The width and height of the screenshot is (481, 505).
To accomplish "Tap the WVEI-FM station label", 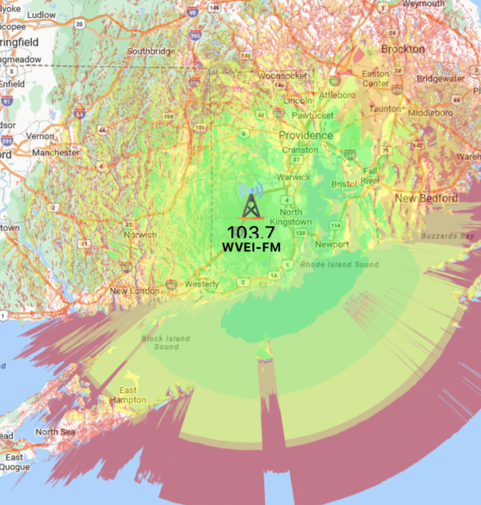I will (x=251, y=247).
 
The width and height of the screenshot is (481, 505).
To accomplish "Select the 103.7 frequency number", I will (x=251, y=232).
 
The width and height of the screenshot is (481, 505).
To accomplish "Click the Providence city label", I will (x=305, y=135).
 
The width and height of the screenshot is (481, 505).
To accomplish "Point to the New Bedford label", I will (x=426, y=198).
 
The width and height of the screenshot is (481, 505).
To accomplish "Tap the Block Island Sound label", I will (x=166, y=343).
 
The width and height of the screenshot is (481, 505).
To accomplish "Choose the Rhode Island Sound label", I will (x=339, y=265).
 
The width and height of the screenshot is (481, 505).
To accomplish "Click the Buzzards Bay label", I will (x=449, y=235).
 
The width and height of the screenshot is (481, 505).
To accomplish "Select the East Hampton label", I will (x=128, y=395).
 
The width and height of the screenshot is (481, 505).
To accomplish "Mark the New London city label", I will (x=134, y=290).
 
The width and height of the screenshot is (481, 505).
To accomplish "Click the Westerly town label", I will (x=201, y=284).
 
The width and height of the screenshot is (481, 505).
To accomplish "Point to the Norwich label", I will (x=140, y=235).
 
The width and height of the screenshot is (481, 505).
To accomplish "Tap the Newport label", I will (x=332, y=245).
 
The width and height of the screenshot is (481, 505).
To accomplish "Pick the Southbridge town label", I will (x=151, y=51).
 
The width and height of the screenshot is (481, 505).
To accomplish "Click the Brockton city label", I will (x=403, y=49).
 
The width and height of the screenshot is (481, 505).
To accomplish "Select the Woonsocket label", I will (x=283, y=76).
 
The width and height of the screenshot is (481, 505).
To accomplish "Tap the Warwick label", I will (x=294, y=177).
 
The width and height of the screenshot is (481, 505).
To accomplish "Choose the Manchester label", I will (x=56, y=152).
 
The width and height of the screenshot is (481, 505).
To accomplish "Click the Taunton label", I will (x=385, y=108).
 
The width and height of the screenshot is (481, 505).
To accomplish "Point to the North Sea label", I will (x=56, y=432).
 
